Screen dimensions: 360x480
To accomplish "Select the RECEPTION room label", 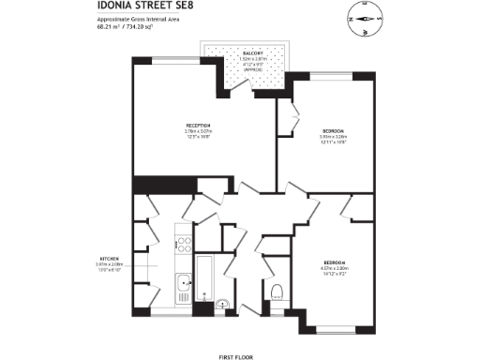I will tap(198, 126).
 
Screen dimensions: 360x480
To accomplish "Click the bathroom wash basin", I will tap(222, 303).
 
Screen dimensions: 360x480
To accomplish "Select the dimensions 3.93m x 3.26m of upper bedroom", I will tap(333, 137).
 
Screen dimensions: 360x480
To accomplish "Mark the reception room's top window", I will tap(169, 59).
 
